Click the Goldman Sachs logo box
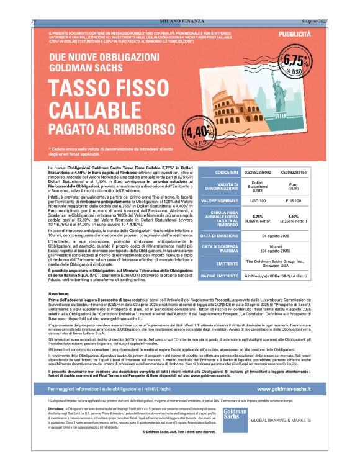click(233, 418)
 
